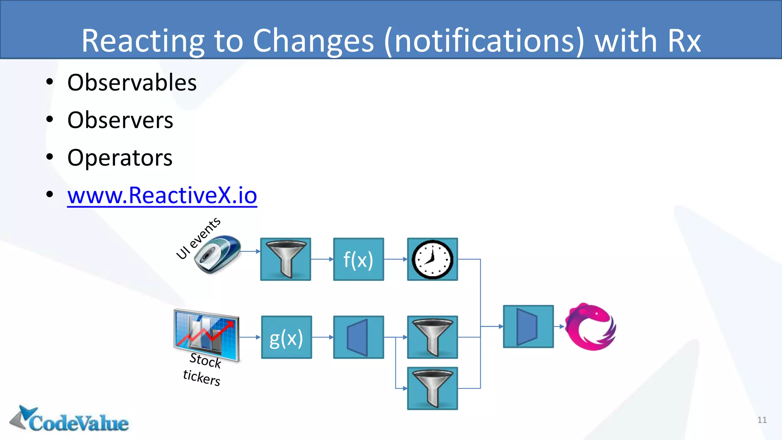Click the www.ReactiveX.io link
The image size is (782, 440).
point(162,196)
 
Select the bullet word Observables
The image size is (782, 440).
point(132,82)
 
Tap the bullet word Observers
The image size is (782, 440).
point(120,120)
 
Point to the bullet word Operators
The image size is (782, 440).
point(120,158)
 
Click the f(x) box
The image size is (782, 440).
point(358,259)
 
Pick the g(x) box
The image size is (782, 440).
point(286,337)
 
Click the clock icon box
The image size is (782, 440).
point(432,259)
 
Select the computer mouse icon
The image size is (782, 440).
point(217,254)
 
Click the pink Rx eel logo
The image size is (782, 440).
point(590,327)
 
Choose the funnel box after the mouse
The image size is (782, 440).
point(286,259)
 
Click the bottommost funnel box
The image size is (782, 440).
point(432,388)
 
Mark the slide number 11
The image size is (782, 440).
point(762,420)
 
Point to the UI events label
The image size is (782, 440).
point(198,238)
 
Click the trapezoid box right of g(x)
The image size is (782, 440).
point(358,337)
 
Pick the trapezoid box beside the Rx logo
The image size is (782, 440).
point(528,327)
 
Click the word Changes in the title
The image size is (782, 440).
point(313,40)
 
